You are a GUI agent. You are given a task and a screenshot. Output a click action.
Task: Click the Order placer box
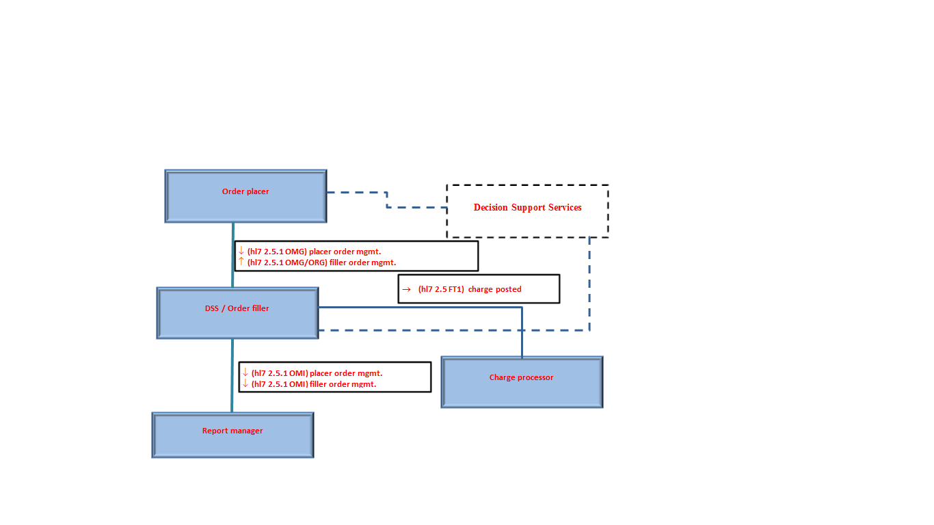point(245,196)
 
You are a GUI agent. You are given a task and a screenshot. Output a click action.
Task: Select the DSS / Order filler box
point(237,313)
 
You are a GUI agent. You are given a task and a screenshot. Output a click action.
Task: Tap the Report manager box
point(232,435)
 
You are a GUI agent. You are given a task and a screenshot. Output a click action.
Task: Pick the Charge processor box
point(522,382)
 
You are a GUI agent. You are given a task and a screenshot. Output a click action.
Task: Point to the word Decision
point(491,207)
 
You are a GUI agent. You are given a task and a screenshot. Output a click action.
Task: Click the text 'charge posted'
point(495,289)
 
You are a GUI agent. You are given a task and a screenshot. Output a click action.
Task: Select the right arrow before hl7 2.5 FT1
point(406,289)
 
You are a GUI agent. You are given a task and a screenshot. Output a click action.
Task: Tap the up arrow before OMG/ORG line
point(241,261)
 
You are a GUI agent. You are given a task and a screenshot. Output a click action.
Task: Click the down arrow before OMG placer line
point(241,251)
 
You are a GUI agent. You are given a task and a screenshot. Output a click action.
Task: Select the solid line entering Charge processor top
point(522,335)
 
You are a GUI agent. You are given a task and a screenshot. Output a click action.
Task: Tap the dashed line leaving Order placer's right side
point(356,193)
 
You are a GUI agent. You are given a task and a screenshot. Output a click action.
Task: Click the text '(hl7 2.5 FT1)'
point(441,289)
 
